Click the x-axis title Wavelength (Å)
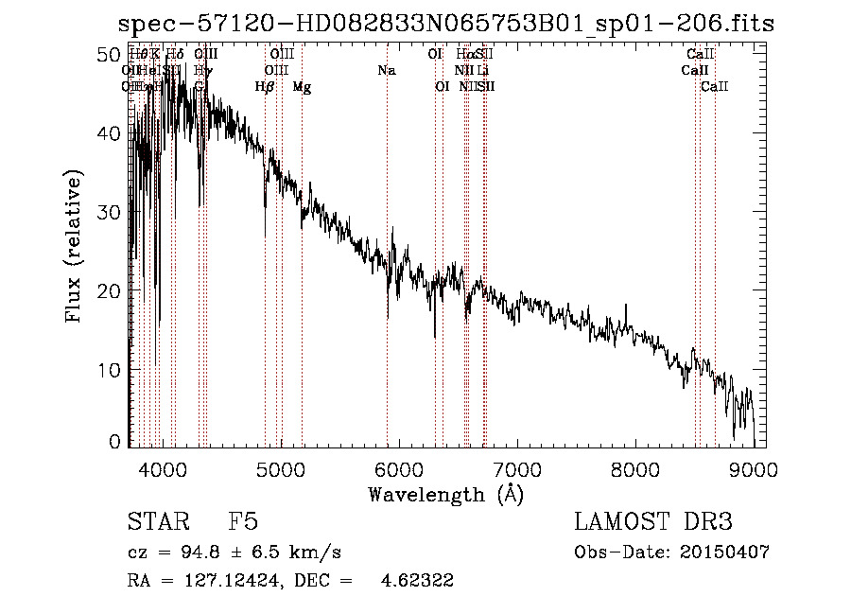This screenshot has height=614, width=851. pos(447,494)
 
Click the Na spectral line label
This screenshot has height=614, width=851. pos(386,71)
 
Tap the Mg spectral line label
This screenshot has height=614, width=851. pos(302,87)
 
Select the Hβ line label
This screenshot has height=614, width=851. pos(265,87)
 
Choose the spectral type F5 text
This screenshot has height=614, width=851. pos(243,523)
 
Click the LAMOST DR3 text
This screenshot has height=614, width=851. pos(653,523)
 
